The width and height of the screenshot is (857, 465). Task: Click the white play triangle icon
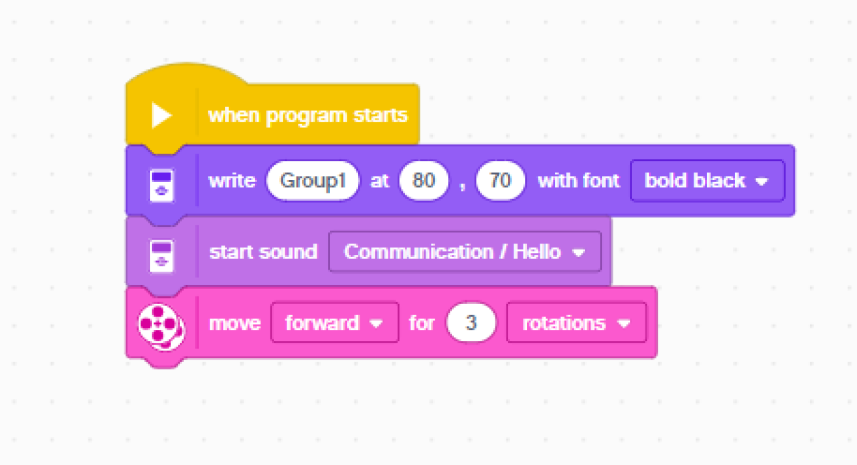161,115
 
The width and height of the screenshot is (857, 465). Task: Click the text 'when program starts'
308,115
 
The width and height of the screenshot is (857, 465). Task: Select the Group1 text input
313,181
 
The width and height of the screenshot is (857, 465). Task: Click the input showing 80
424,181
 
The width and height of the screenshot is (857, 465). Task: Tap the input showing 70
500,181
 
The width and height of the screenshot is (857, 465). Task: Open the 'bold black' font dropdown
708,181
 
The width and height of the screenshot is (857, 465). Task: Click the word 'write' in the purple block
232,181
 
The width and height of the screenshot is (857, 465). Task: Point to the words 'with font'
578,181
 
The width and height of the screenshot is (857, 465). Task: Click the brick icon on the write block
161,185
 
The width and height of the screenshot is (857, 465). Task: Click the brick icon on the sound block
161,256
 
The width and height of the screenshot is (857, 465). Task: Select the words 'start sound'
264,252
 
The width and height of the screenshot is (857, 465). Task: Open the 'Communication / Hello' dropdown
465,252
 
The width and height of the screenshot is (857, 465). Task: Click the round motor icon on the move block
161,327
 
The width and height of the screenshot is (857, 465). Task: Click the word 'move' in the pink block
235,323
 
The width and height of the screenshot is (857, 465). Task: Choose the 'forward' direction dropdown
335,322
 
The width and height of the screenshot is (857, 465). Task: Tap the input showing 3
471,322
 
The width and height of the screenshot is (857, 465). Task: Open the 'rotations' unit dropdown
577,322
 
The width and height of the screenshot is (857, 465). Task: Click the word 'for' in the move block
422,323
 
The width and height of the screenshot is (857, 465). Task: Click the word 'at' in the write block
379,181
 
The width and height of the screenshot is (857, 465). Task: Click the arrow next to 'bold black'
762,181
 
